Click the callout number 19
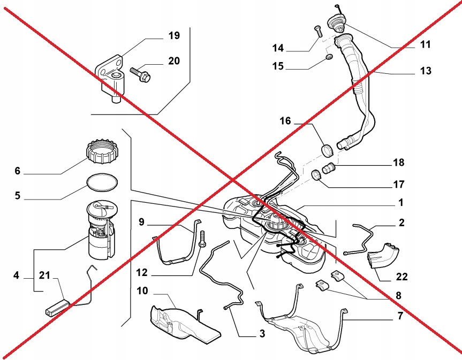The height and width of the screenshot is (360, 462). [173, 36]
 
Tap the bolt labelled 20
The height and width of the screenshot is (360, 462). [141, 74]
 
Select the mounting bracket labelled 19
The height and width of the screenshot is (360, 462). [111, 78]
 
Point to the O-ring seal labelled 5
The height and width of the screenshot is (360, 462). [101, 182]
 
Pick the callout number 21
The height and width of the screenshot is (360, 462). [46, 276]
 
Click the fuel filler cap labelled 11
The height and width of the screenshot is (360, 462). [338, 23]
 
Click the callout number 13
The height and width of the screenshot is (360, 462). [426, 71]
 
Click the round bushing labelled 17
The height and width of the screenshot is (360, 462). [316, 175]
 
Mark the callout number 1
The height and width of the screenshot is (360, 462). [400, 204]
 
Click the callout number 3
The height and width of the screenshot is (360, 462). [262, 334]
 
